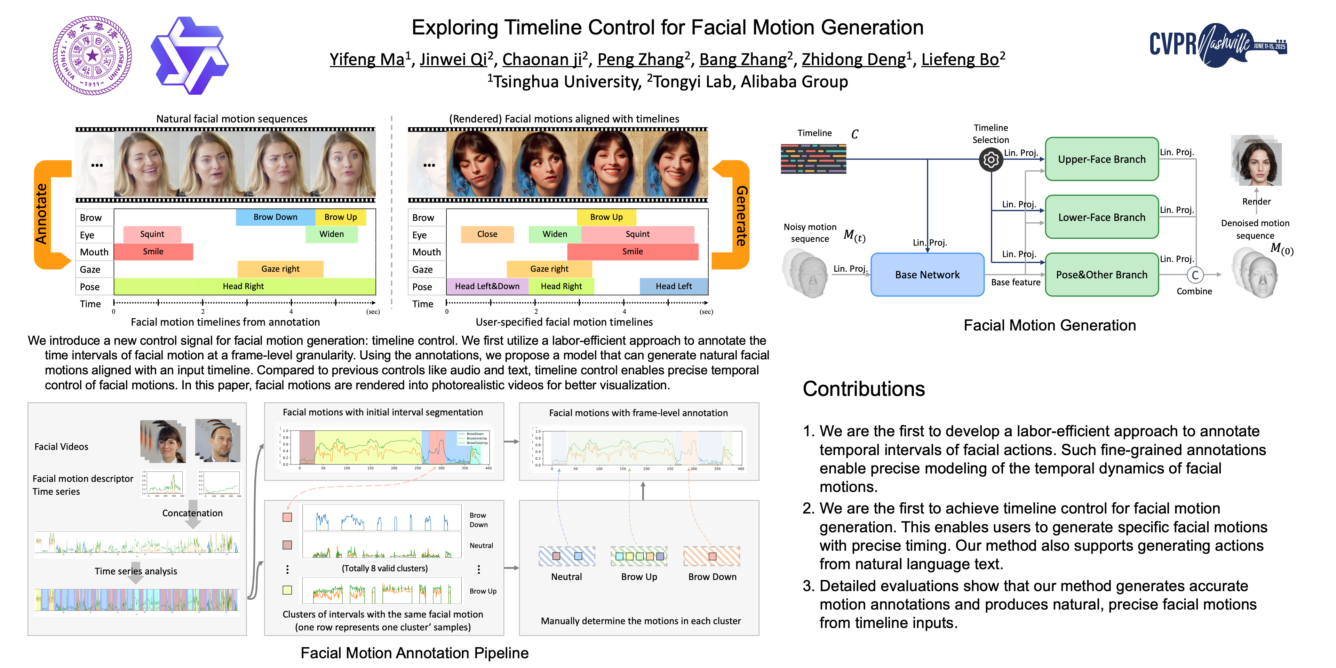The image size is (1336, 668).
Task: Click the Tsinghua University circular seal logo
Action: (92, 56)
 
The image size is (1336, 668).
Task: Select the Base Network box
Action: (927, 275)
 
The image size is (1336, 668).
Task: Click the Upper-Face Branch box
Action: (1101, 159)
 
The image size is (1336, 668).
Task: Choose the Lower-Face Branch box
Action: (1101, 217)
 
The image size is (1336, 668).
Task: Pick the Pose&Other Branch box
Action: (1101, 275)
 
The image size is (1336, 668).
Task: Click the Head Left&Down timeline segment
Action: (487, 286)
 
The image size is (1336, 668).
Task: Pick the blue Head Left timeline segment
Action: (673, 286)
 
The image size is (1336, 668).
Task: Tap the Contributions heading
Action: (864, 389)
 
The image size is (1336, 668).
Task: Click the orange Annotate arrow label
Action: (41, 214)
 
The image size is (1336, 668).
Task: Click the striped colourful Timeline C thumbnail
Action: (813, 159)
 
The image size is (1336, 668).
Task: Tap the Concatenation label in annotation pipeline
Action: (192, 513)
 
